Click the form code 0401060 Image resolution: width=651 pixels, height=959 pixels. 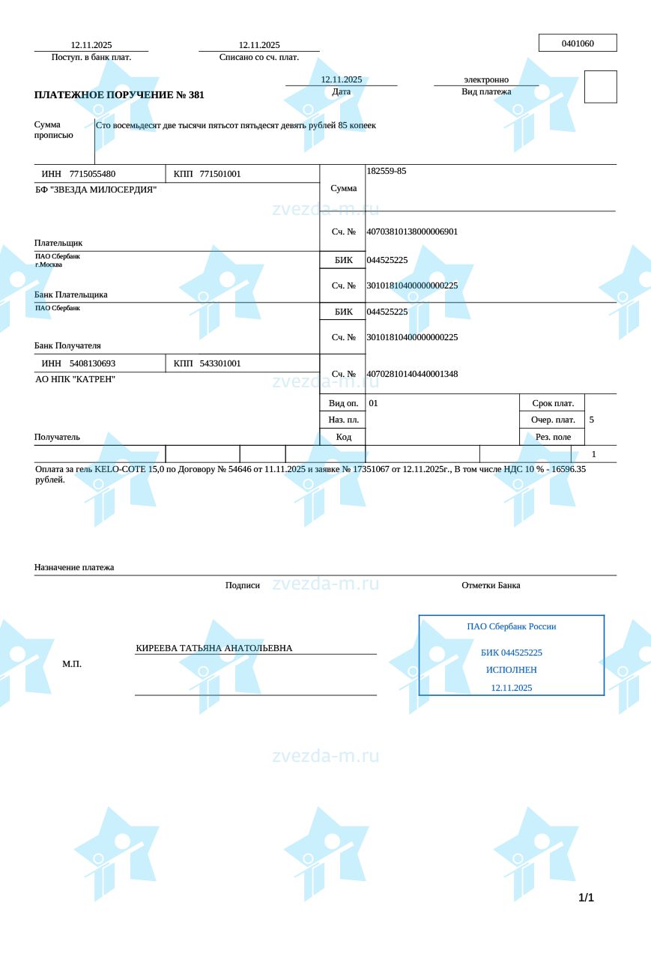tap(578, 43)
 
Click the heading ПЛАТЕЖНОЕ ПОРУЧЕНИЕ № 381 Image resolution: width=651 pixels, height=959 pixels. tap(119, 95)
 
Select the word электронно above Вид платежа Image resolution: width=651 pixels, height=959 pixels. tap(486, 79)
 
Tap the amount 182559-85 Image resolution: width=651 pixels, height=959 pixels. tap(387, 171)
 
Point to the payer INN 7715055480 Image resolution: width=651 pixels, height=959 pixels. tap(92, 174)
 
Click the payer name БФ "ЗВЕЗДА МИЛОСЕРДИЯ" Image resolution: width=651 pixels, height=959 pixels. tap(96, 190)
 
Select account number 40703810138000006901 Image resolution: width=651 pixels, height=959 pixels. tap(412, 232)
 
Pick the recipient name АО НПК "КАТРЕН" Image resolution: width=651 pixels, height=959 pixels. tap(75, 379)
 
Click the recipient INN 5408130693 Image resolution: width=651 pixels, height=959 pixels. tap(92, 363)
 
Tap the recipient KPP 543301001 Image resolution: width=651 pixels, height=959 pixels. tap(220, 363)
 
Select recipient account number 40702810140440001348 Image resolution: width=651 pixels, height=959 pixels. tap(412, 374)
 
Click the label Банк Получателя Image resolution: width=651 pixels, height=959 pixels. tap(67, 345)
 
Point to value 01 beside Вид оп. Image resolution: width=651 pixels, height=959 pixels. tap(374, 403)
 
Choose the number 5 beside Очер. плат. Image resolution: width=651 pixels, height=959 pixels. tap(592, 420)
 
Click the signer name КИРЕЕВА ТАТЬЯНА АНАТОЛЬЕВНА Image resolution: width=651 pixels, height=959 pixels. tap(214, 648)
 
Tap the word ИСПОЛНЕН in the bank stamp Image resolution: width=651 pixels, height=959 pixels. tap(512, 670)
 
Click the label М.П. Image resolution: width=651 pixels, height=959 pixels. tap(72, 664)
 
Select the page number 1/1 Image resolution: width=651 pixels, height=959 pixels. tap(586, 898)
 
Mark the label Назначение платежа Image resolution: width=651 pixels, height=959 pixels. tap(74, 567)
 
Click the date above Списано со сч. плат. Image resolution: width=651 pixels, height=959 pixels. tap(259, 45)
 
